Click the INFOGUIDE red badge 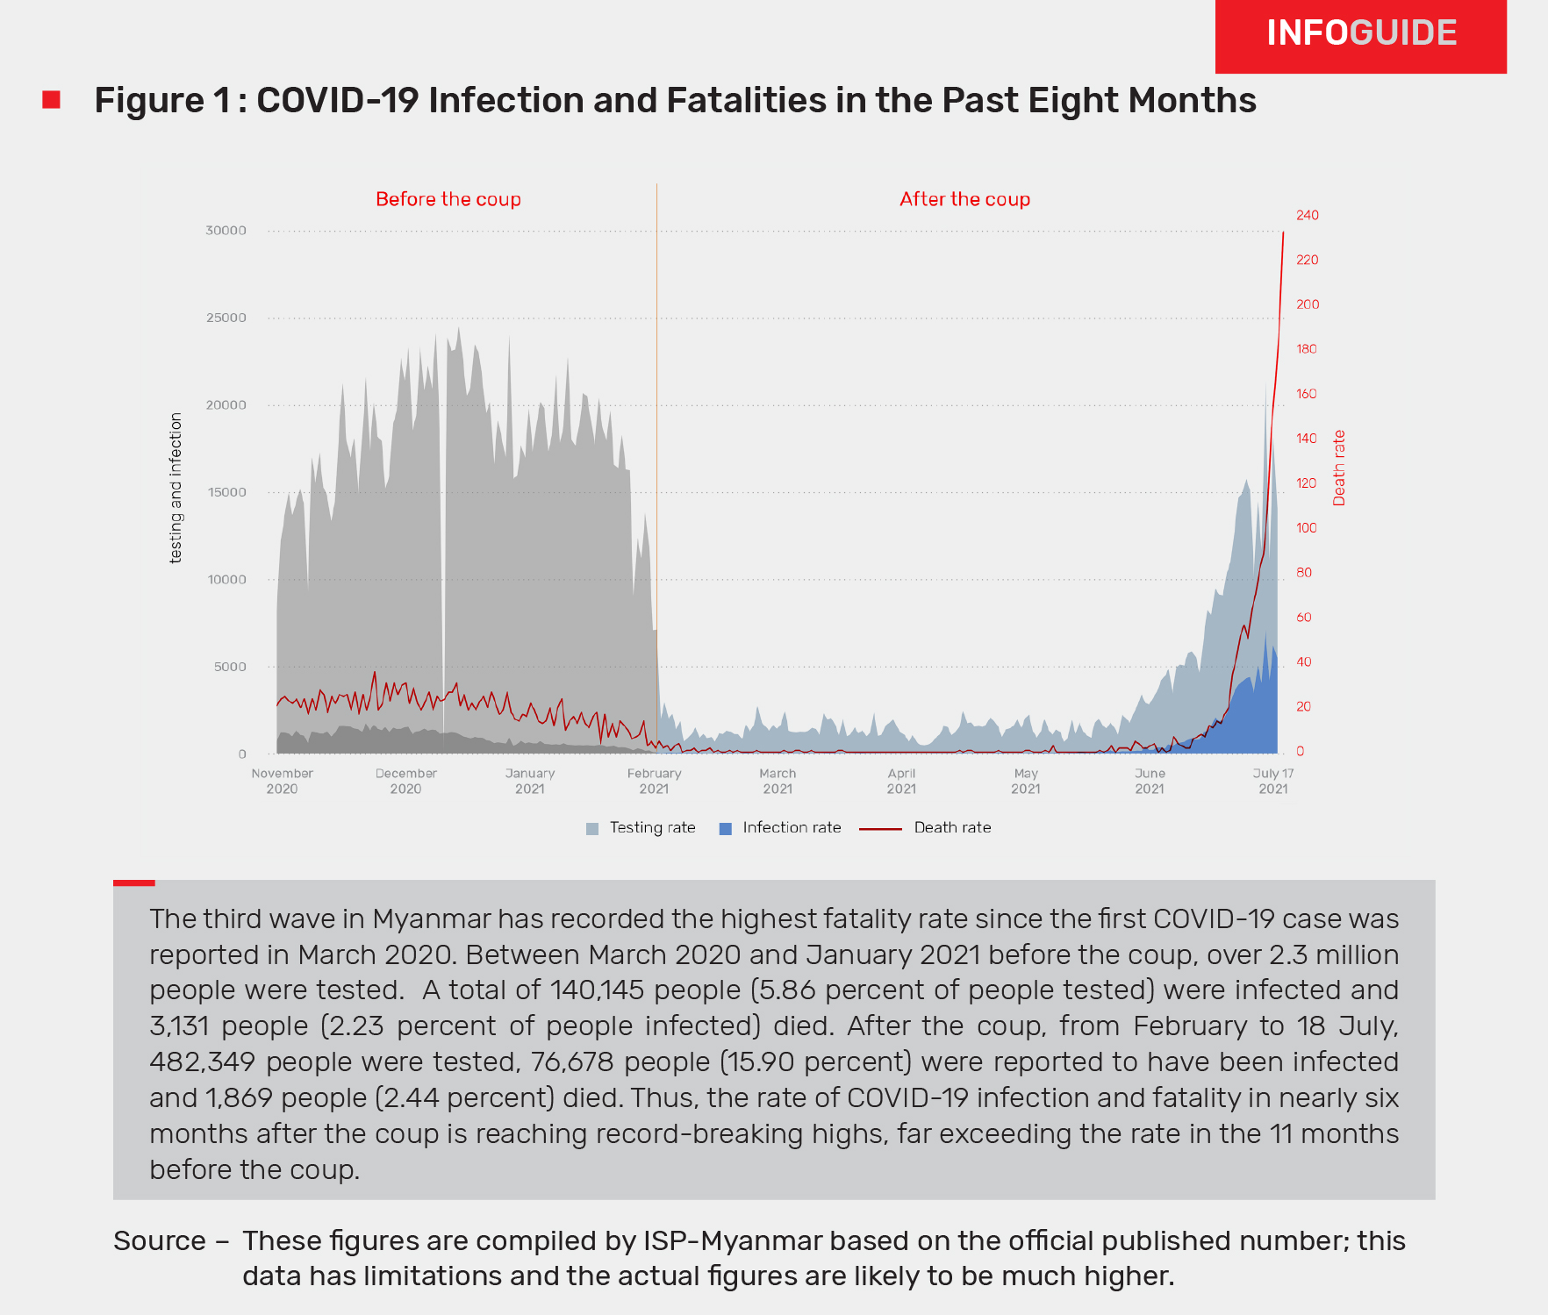coord(1360,35)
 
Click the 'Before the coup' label coord(448,199)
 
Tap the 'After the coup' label coord(964,199)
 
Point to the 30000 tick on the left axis coord(226,231)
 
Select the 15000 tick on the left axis coord(226,492)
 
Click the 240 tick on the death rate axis coord(1308,215)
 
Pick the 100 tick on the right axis coord(1307,528)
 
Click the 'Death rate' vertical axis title coord(1339,468)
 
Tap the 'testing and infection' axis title coord(176,487)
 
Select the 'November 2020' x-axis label coord(282,781)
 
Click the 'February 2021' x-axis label coord(654,781)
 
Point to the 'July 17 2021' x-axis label coord(1272,781)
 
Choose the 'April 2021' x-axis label coord(901,781)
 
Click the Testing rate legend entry coord(641,828)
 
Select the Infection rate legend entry coord(780,828)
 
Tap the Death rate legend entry coord(926,828)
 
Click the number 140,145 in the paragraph coord(600,990)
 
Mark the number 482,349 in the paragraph coord(202,1062)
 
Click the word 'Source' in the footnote coord(159,1241)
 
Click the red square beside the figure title coord(52,100)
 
